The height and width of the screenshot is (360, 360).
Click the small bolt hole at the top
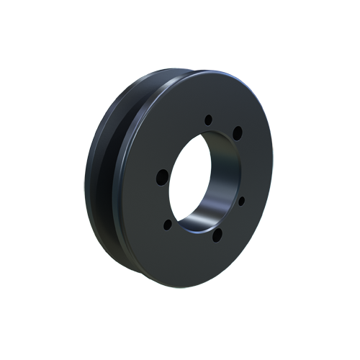[x=208, y=120]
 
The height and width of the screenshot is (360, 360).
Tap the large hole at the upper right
[x=238, y=132]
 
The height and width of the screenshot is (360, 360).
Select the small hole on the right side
[x=241, y=200]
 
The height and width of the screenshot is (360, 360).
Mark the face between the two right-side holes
[x=248, y=166]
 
